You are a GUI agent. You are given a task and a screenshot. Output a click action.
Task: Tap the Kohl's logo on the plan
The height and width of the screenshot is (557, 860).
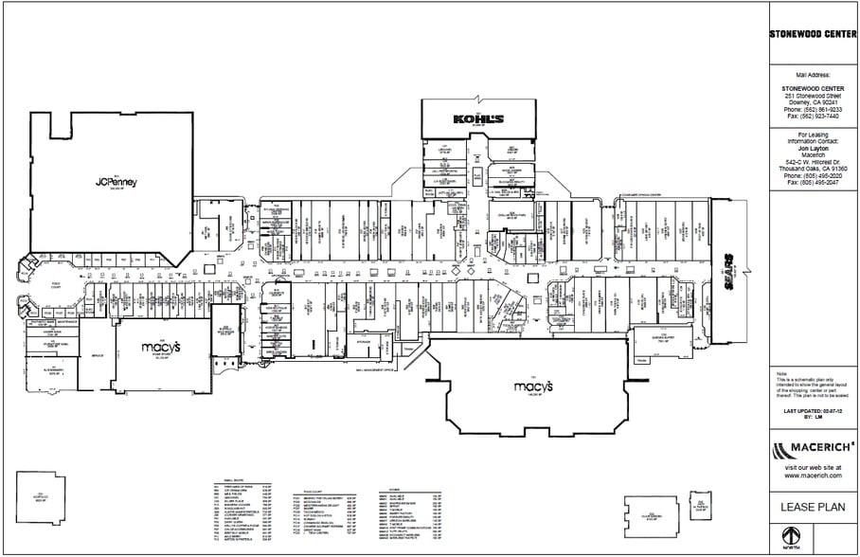477,119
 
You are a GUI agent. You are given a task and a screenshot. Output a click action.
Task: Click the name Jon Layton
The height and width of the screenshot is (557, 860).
813,149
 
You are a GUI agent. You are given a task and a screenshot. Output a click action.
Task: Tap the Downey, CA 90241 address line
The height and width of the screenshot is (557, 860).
813,102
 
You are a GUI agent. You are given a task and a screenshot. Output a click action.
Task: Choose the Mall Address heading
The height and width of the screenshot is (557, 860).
813,74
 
